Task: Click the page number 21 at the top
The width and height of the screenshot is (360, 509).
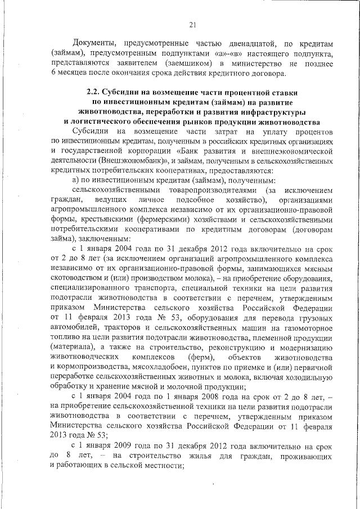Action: coord(192,25)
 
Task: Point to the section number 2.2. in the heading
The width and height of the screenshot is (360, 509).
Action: coord(94,92)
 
